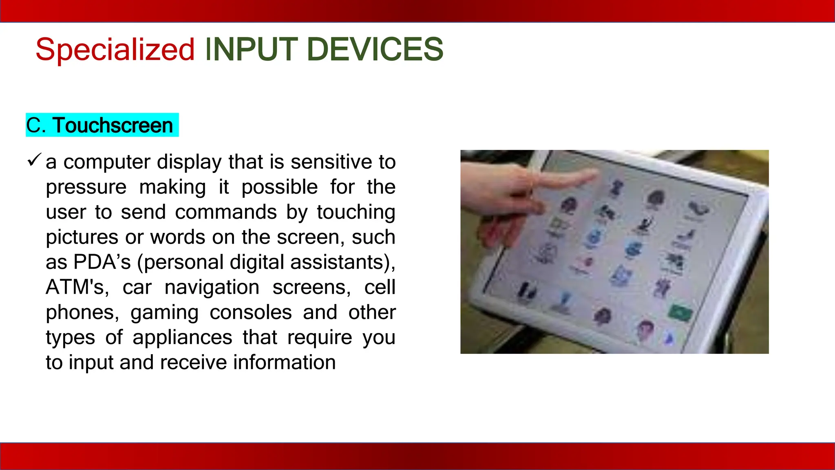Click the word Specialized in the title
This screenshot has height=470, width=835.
115,50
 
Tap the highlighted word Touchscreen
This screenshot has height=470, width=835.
113,125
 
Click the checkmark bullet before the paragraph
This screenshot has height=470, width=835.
34,160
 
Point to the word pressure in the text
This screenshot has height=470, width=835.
86,187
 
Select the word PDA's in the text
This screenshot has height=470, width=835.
102,262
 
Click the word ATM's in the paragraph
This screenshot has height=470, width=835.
77,287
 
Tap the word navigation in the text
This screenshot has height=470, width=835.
212,287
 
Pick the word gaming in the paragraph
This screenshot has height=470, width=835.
164,313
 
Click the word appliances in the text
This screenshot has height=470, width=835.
182,337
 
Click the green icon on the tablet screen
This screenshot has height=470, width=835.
680,313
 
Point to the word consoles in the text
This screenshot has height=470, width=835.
251,313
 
